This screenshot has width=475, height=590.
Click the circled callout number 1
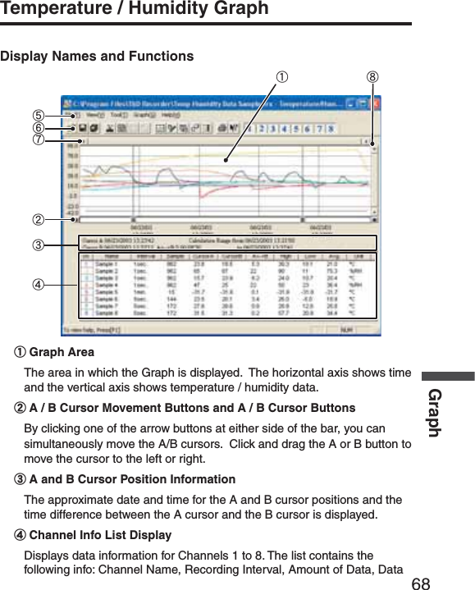281,78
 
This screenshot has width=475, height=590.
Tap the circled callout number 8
373,78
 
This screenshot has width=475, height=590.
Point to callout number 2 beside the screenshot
38,220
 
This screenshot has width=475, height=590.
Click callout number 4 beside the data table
38,286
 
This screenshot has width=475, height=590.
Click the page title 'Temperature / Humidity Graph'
135,9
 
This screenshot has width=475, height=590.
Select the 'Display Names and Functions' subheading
97,57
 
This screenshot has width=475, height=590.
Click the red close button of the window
373,104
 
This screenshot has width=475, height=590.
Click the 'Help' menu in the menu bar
171,116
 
